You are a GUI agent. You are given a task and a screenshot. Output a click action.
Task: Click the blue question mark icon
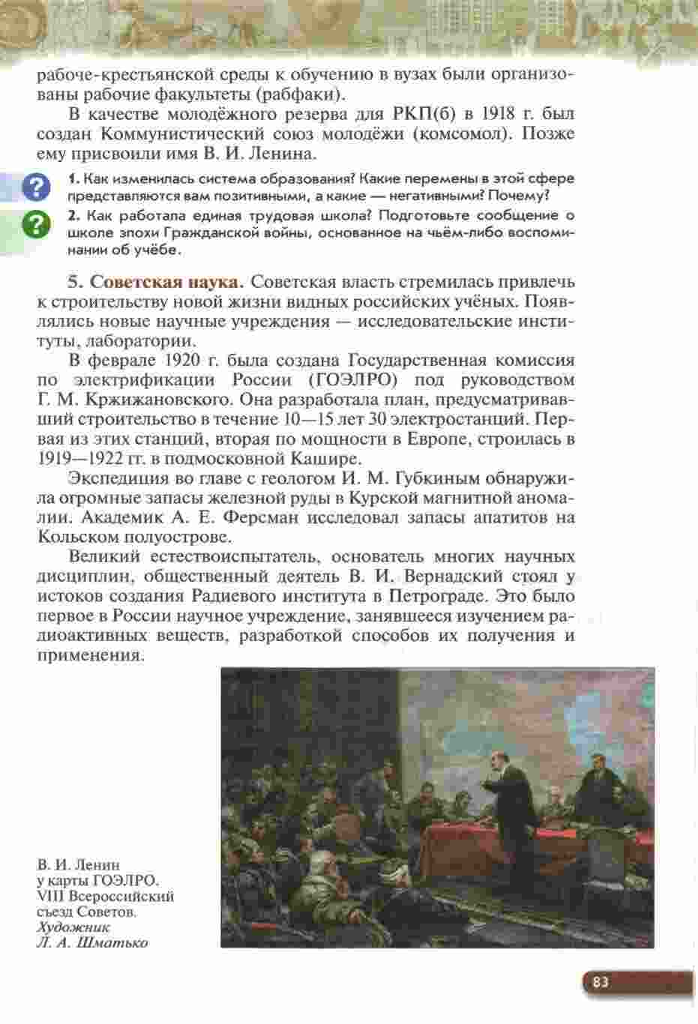pos(35,187)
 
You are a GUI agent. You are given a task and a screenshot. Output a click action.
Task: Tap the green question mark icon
pos(35,224)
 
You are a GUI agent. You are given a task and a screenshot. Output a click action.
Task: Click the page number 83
pos(600,982)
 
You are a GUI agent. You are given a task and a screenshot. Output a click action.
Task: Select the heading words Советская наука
pos(167,283)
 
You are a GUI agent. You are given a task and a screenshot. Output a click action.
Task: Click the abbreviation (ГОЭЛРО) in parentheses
pos(352,379)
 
